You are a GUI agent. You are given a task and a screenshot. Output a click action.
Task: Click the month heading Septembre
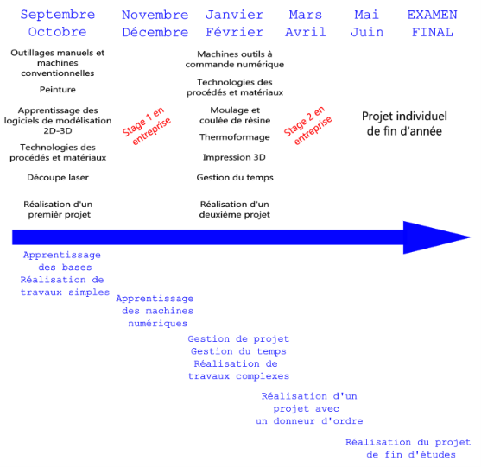(58, 15)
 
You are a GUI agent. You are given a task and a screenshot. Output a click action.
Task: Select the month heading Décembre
(155, 32)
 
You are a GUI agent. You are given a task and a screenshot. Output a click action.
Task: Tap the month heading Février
(235, 32)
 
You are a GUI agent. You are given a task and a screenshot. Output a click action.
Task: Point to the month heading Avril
(306, 32)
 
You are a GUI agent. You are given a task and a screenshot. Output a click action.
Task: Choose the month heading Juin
(367, 32)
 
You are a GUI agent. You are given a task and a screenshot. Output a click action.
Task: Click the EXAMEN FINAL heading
(433, 23)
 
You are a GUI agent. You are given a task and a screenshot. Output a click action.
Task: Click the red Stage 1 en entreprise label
(146, 126)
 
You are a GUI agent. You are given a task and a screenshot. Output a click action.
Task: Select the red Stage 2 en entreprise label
(307, 126)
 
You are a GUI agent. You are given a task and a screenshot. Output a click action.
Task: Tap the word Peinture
(58, 90)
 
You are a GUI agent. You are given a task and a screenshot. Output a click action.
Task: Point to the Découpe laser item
(58, 178)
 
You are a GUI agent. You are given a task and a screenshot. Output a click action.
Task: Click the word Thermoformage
(235, 137)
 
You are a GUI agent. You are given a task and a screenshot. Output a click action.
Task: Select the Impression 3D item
(234, 157)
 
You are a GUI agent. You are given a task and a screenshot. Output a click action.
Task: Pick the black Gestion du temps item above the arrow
(235, 178)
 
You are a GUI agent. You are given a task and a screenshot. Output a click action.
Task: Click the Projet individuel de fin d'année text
(404, 123)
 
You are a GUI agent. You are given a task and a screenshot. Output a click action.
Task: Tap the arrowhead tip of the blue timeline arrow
(471, 237)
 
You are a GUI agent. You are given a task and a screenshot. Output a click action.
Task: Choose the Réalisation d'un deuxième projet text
(235, 210)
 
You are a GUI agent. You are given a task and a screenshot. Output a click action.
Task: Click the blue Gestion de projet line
(238, 339)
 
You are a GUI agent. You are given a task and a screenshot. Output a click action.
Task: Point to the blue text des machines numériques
(158, 318)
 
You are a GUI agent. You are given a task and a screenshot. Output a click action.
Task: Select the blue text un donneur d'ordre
(309, 421)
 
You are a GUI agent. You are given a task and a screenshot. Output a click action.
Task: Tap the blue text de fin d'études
(411, 455)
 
